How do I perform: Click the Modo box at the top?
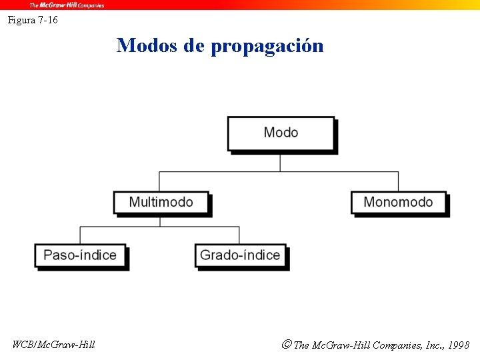coord(281,133)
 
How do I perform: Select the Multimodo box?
coord(161,202)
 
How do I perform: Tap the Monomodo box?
coord(398,202)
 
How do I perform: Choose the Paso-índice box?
coord(80,255)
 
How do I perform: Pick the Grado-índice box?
coord(240,255)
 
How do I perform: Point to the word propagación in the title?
coord(267,47)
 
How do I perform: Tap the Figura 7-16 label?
coord(33,20)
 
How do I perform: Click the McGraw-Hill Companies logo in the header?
coord(67,5)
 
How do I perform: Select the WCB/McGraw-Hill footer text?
coord(54,345)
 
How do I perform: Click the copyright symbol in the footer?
coord(286,345)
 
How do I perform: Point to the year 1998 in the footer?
coord(459,345)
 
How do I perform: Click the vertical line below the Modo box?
coord(280,161)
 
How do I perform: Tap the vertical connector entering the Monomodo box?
coord(398,181)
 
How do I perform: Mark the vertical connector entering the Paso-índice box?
coord(80,235)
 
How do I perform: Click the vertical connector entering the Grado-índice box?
coord(239,235)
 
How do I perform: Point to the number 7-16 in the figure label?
coord(48,20)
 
